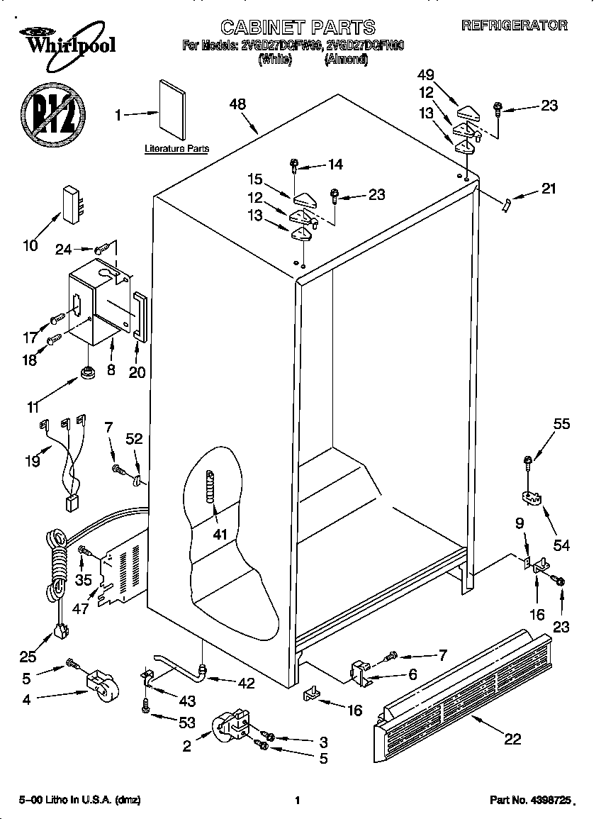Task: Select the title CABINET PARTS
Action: click(298, 27)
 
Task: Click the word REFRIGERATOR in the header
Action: click(514, 26)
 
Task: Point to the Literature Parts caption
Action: click(176, 149)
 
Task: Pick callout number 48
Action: click(237, 104)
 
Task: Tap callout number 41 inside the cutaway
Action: click(220, 534)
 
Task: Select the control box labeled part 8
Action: click(96, 301)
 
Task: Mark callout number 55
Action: click(561, 425)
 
